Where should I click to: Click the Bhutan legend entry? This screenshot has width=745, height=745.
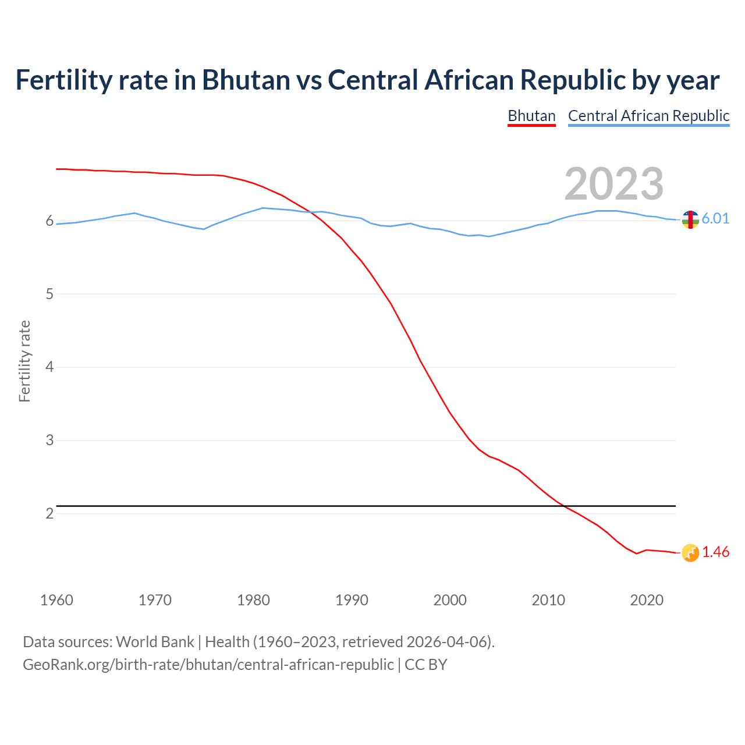coord(531,116)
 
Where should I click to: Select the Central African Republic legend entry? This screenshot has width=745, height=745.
coord(648,116)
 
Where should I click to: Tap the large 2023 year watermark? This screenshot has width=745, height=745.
coord(613,184)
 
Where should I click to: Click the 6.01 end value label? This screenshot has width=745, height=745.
coord(715,218)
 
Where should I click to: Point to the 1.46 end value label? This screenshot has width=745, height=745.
coord(715,552)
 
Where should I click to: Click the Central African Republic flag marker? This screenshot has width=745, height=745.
coord(690,219)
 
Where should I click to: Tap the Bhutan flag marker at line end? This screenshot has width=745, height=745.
coord(690,553)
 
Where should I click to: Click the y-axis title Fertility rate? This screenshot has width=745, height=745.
coord(24,361)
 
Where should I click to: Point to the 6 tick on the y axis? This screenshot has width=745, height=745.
coord(49,221)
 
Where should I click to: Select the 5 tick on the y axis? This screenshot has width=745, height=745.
coord(49,295)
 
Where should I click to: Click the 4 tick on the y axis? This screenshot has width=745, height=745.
coord(49,367)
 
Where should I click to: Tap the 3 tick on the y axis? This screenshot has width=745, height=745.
coord(49,441)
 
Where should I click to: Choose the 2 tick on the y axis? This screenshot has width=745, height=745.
coord(49,513)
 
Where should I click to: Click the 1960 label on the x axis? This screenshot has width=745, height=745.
coord(56,600)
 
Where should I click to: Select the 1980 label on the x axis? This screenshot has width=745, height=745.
coord(253,600)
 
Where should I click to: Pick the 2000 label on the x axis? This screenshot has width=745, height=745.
coord(450,600)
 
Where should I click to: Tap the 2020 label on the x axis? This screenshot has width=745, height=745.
coord(647,600)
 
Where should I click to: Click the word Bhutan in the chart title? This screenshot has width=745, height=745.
coord(246,80)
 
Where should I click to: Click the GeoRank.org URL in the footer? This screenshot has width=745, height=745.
coord(208,665)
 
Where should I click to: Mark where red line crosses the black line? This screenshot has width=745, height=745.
coord(563,506)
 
